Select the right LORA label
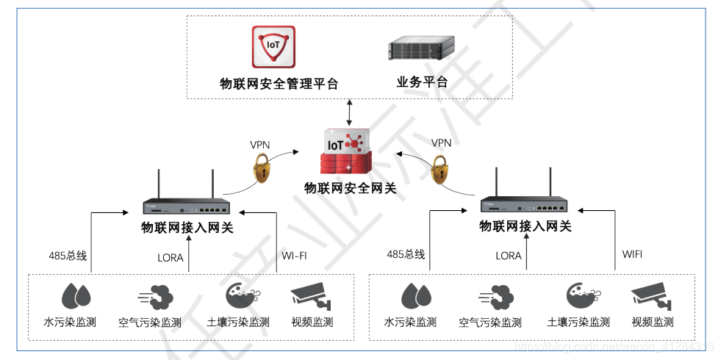[x=509, y=256]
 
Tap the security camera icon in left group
[x=312, y=295]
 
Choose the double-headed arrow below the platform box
[x=350, y=112]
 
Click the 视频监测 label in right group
[x=652, y=322]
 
